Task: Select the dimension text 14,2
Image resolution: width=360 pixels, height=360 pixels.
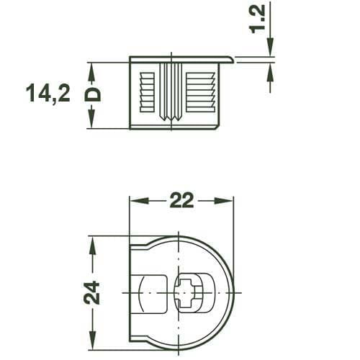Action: pyautogui.click(x=48, y=94)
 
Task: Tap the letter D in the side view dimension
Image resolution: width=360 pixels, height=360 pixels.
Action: pyautogui.click(x=92, y=94)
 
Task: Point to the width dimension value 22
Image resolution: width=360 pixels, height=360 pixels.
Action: pyautogui.click(x=181, y=201)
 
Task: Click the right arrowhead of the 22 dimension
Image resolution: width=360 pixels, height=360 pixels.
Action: pyautogui.click(x=229, y=201)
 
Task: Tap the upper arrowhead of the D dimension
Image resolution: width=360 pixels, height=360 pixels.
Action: pyautogui.click(x=92, y=68)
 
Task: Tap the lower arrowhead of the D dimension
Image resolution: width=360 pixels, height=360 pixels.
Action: pyautogui.click(x=92, y=123)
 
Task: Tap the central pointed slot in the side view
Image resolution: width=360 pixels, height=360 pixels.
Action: pyautogui.click(x=173, y=94)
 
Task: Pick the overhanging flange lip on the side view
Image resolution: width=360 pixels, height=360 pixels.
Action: pyautogui.click(x=227, y=59)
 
